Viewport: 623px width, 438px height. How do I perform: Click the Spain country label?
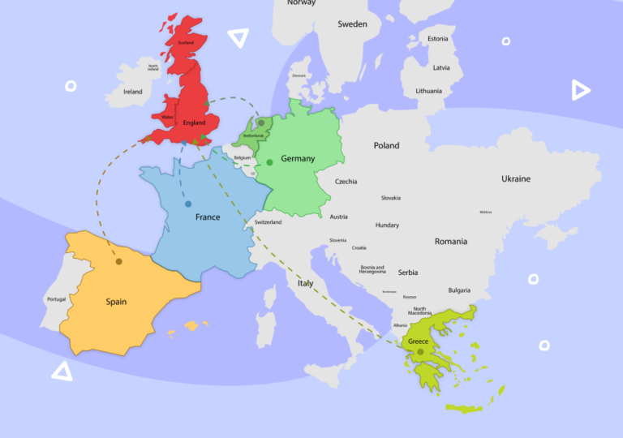(116, 302)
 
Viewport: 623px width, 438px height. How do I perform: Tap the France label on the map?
(208, 217)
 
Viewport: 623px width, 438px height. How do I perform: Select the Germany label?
(298, 159)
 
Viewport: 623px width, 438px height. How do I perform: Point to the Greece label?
(418, 341)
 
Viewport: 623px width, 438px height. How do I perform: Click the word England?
(195, 123)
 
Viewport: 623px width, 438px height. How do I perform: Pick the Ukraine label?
(515, 178)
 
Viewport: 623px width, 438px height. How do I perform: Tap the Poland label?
(386, 146)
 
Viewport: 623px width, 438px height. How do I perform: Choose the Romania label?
(451, 241)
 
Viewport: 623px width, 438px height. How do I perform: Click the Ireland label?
(132, 92)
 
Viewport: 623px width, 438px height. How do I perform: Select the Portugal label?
(56, 299)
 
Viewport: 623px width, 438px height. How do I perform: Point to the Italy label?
(305, 284)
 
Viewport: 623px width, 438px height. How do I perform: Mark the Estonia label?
(438, 39)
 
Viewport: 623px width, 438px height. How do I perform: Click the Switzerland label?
(268, 222)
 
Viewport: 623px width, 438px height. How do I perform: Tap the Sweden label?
(352, 24)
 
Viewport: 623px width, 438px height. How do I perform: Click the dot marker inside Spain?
(118, 261)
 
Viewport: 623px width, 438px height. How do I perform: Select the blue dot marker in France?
(188, 204)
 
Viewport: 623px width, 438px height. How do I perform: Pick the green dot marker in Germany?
(269, 162)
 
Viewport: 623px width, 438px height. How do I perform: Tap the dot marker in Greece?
(421, 352)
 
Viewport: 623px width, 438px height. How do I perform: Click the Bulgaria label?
(459, 290)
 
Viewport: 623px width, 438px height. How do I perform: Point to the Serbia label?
(408, 273)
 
